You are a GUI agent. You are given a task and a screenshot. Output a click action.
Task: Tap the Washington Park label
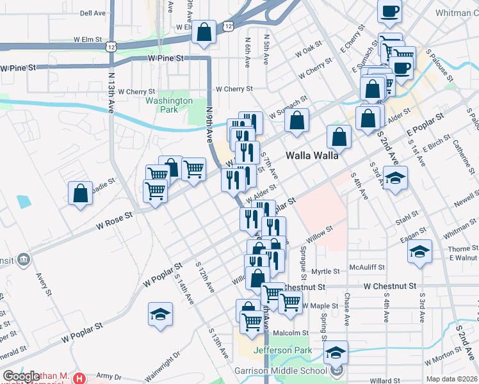(169, 105)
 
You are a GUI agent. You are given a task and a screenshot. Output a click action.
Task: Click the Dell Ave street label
(93, 13)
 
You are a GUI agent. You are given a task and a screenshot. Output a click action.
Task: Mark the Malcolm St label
(291, 333)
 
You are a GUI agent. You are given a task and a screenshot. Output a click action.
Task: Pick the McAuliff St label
(366, 267)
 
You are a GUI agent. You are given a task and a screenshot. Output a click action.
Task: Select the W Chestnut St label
(389, 286)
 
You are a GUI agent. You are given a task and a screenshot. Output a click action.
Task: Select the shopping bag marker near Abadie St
(81, 194)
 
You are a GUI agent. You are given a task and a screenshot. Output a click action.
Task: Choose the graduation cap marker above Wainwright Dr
(160, 315)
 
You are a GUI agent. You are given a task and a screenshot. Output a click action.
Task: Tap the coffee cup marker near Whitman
(389, 12)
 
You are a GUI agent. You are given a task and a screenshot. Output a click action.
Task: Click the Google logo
(20, 377)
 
